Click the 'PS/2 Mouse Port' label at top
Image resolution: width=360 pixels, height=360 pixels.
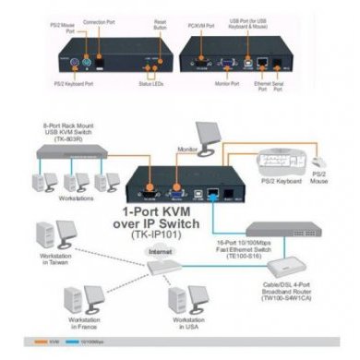tap(71, 21)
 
